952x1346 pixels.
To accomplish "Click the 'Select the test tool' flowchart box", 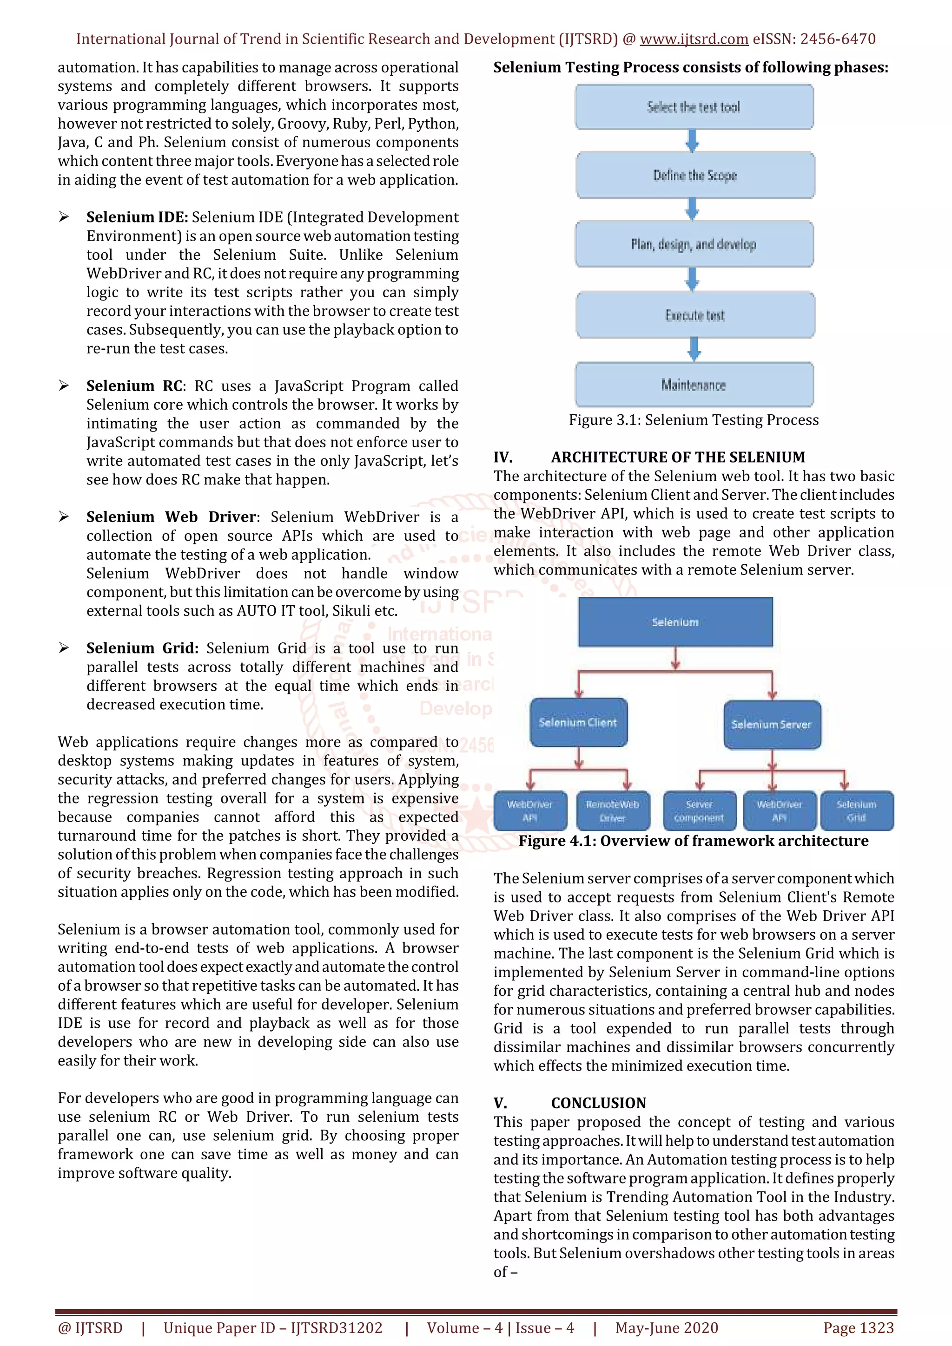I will (694, 107).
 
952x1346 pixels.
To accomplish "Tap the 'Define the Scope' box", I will (695, 175).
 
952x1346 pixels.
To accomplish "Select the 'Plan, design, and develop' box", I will (694, 244).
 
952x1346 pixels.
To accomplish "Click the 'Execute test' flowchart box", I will (695, 315).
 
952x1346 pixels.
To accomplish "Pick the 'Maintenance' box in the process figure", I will (694, 385).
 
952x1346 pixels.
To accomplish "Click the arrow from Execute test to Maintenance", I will (694, 349).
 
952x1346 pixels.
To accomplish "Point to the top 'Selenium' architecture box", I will (675, 622).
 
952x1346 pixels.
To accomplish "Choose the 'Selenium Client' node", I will (578, 722).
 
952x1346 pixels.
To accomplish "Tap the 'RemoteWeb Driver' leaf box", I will (612, 811).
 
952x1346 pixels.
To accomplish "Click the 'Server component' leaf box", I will (699, 811).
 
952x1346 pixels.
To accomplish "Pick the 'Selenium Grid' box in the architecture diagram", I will (856, 811).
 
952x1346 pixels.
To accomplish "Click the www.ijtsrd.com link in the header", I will (694, 39).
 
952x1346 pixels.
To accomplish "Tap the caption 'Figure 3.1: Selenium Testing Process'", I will (694, 420).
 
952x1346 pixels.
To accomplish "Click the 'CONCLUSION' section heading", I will (598, 1103).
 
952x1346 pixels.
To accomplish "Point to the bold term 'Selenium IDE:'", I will (137, 217).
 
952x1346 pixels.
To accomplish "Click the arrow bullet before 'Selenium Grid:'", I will (64, 648).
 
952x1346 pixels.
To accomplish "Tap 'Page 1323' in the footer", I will (858, 1328).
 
